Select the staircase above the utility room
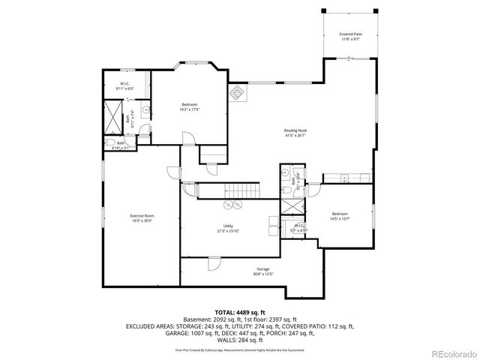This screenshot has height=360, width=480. (x=237, y=191)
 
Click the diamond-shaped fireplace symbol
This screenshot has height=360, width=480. (x=238, y=94)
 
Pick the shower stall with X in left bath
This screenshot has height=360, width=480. (x=114, y=118)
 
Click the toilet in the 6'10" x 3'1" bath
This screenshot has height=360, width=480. (x=110, y=142)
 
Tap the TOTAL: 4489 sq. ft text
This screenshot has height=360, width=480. (x=240, y=311)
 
